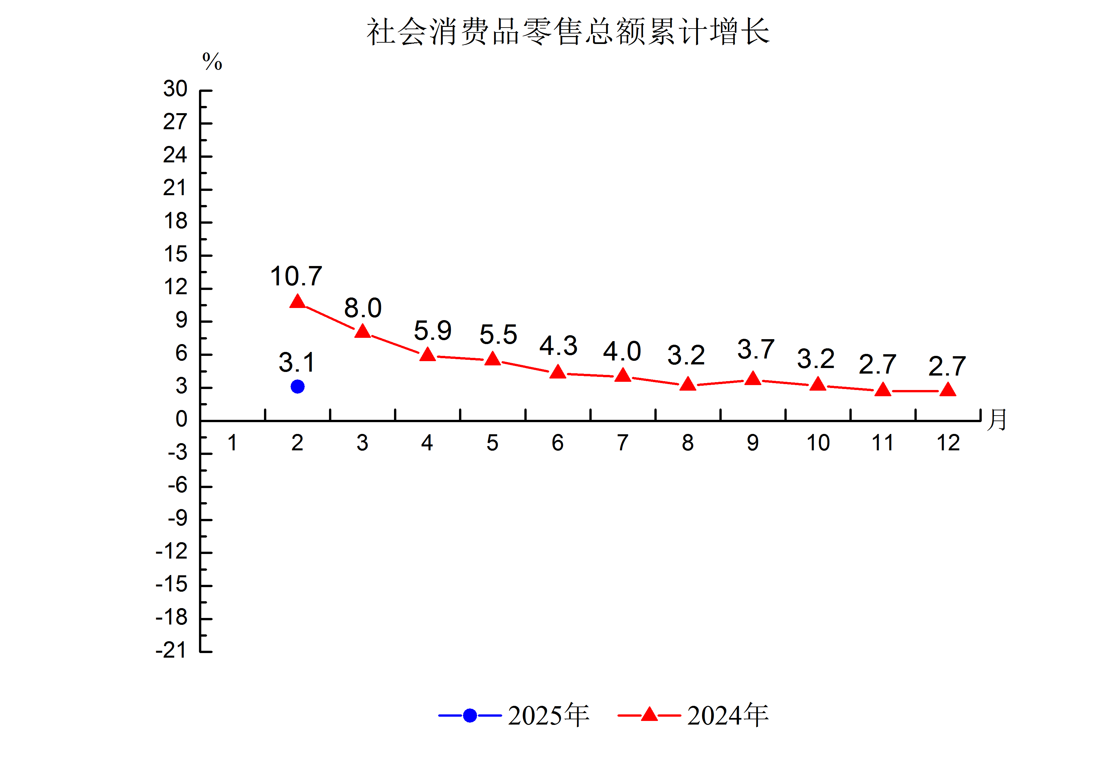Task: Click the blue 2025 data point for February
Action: (x=297, y=387)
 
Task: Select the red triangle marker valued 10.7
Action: (x=297, y=302)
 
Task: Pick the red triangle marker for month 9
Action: (x=753, y=379)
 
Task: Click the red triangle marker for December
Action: (x=948, y=390)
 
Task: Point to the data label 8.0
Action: (x=363, y=308)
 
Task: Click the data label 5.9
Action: (x=432, y=331)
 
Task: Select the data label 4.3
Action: (x=558, y=346)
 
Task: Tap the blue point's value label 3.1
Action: (x=296, y=362)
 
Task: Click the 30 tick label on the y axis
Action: (x=175, y=89)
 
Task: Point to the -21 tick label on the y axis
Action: (x=171, y=650)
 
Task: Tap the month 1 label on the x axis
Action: (x=232, y=443)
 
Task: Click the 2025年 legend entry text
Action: (x=548, y=715)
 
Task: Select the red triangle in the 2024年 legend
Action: (x=649, y=715)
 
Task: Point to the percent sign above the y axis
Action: (x=212, y=62)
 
